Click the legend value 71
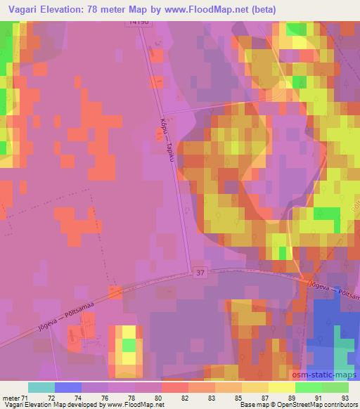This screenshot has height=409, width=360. (25, 398)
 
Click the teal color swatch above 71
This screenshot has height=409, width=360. (41, 387)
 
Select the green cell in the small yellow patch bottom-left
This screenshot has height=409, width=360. (129, 345)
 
